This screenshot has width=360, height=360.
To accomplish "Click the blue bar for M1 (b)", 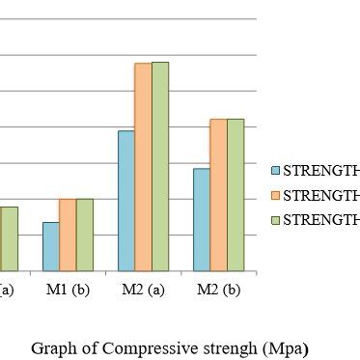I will pyautogui.click(x=50, y=247).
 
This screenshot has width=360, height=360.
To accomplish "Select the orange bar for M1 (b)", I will pyautogui.click(x=68, y=235).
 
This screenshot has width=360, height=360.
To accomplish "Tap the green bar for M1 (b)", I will pyautogui.click(x=85, y=235).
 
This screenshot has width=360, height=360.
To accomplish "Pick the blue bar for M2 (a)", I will pyautogui.click(x=125, y=201).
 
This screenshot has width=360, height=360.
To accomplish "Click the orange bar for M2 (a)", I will pyautogui.click(x=143, y=167).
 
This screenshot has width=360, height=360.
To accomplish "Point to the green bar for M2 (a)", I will pyautogui.click(x=160, y=166).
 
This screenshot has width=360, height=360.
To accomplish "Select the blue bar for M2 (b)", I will pyautogui.click(x=202, y=220).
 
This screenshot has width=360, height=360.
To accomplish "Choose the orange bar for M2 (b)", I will pyautogui.click(x=219, y=195).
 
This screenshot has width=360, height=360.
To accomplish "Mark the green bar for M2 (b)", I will pyautogui.click(x=235, y=195).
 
